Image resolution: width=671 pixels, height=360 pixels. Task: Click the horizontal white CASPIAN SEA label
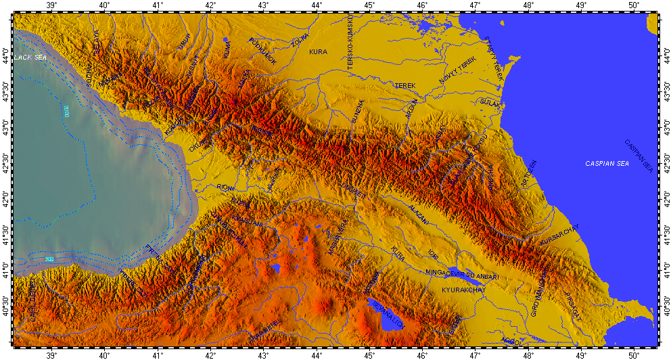coord(607,164)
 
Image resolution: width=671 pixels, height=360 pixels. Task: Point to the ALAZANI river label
coord(418,214)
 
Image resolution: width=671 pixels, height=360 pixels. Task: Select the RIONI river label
coord(226,187)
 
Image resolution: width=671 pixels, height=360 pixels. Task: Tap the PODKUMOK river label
coord(263,51)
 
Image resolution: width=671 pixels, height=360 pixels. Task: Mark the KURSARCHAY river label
coord(559,235)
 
